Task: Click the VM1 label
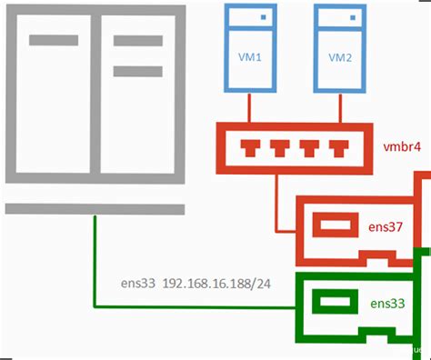pyautogui.click(x=251, y=56)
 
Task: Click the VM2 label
pyautogui.click(x=338, y=56)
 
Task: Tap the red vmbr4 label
pyautogui.click(x=401, y=145)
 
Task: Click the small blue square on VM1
pyautogui.click(x=266, y=16)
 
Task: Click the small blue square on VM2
pyautogui.click(x=352, y=16)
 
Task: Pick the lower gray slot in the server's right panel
pyautogui.click(x=137, y=70)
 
